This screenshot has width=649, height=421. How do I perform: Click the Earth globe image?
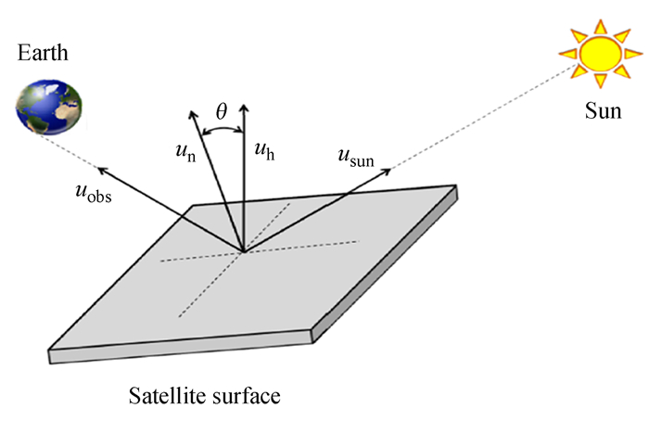[49, 105]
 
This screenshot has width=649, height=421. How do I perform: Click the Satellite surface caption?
[205, 397]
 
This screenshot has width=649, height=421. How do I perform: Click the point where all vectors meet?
[244, 250]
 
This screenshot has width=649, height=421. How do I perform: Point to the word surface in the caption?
[246, 397]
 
